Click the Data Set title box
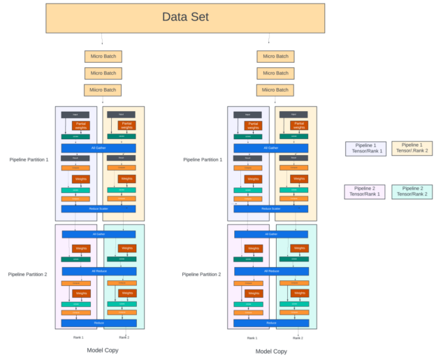[x=185, y=17]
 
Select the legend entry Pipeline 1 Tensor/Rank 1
[x=365, y=148]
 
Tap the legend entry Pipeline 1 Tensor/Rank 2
[x=412, y=148]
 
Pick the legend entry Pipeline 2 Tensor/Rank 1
[x=365, y=192]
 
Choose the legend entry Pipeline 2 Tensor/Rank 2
[x=412, y=192]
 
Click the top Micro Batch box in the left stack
[x=103, y=57]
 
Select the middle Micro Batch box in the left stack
[x=103, y=73]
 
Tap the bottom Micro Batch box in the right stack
[x=275, y=89]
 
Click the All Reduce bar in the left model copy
[x=98, y=271]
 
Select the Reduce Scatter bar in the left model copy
[x=98, y=209]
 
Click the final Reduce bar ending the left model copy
[x=98, y=323]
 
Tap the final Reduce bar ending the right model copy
[x=270, y=323]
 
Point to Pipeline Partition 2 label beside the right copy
[x=202, y=275]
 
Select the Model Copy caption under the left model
[x=101, y=350]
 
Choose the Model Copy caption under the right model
[x=270, y=352]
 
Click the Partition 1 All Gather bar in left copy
[x=98, y=148]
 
